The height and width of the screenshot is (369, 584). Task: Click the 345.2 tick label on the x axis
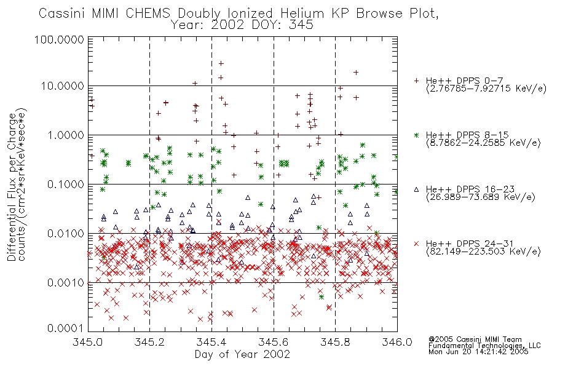click(x=150, y=342)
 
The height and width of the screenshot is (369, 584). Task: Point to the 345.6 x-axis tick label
click(x=274, y=342)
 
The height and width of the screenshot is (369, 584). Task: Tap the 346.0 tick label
click(x=397, y=342)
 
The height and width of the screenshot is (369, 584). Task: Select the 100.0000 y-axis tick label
click(x=59, y=39)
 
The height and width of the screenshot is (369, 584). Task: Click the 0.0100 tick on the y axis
click(x=66, y=234)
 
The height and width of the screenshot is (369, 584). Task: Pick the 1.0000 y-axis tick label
click(x=66, y=135)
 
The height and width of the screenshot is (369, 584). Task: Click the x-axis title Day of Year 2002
click(x=242, y=354)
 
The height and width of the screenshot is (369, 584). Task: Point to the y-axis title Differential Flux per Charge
click(x=12, y=187)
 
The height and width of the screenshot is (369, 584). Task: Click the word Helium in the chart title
click(x=302, y=14)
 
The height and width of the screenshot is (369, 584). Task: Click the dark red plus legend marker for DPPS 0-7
click(x=416, y=81)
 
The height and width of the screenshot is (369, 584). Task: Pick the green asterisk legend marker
click(x=416, y=135)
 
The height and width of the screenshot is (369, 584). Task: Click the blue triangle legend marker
click(x=416, y=189)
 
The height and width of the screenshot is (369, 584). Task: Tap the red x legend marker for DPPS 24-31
click(x=416, y=244)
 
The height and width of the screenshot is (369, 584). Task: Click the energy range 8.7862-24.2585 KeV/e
click(x=483, y=143)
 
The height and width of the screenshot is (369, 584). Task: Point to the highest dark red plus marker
click(x=221, y=63)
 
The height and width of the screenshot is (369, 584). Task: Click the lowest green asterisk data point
click(x=322, y=297)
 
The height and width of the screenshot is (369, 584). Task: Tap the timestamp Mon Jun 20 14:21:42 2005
click(x=478, y=352)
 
